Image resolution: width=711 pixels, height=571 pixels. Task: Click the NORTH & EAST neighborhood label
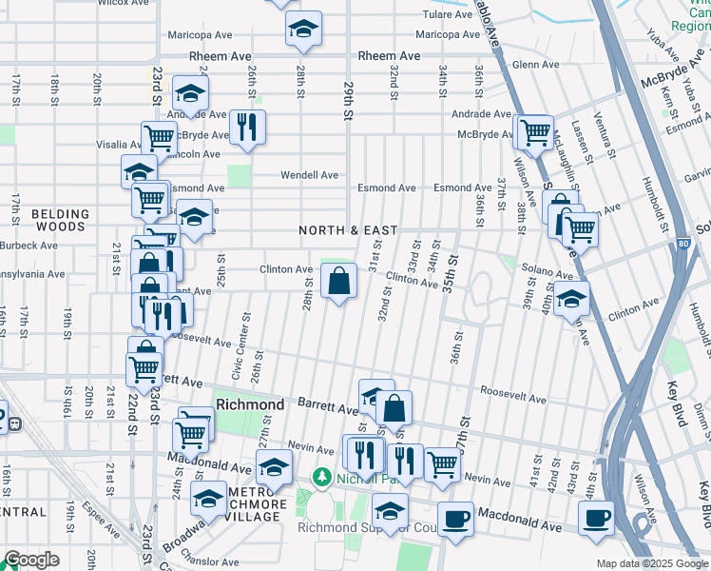pyautogui.click(x=348, y=230)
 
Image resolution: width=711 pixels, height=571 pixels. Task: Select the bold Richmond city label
pyautogui.click(x=250, y=404)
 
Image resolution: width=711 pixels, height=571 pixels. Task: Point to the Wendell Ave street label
pyautogui.click(x=309, y=175)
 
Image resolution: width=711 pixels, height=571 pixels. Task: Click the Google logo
pyautogui.click(x=31, y=560)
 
